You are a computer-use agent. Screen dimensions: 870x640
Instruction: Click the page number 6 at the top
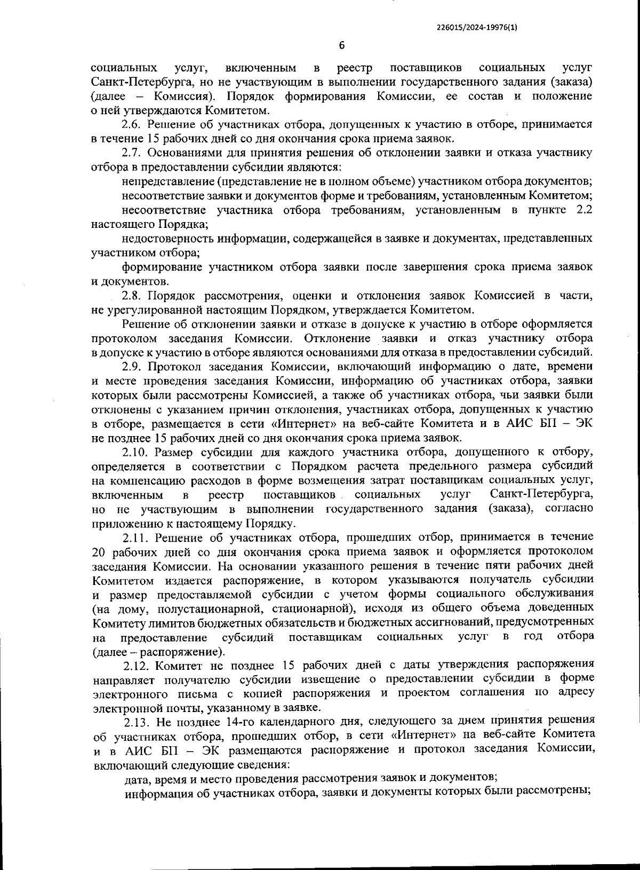click(x=342, y=45)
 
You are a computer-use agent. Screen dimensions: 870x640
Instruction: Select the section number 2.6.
click(x=131, y=125)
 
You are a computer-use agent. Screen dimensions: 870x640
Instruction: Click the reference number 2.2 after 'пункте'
click(x=583, y=210)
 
